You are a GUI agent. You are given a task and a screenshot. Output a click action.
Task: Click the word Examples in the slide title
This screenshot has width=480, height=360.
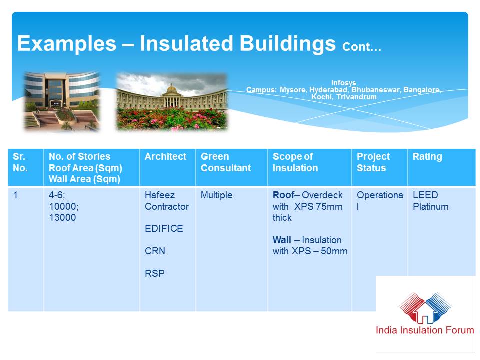click(x=67, y=44)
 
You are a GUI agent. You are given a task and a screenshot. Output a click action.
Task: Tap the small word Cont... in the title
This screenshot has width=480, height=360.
click(x=362, y=47)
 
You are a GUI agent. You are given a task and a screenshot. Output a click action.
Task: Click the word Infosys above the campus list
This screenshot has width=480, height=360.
click(x=343, y=83)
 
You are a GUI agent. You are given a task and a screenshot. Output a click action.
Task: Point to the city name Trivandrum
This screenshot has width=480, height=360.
click(x=356, y=97)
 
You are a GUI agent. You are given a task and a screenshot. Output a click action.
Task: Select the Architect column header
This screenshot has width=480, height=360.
click(x=165, y=156)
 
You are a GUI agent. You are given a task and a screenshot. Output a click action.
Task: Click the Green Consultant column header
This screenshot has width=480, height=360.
click(x=226, y=162)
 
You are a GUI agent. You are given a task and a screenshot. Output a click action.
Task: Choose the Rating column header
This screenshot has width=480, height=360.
click(x=427, y=156)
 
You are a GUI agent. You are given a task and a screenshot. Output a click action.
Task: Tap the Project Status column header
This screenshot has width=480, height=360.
click(x=373, y=162)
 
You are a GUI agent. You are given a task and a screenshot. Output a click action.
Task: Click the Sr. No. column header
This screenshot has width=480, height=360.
click(x=20, y=162)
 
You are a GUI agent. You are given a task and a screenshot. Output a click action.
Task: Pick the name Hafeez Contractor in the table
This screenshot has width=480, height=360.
click(x=167, y=201)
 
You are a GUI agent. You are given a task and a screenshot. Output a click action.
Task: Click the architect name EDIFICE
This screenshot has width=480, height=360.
click(x=164, y=228)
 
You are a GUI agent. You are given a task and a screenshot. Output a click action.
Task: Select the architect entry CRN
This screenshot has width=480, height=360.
click(x=155, y=251)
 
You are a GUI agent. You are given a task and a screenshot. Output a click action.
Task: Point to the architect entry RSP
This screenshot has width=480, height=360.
click(x=155, y=273)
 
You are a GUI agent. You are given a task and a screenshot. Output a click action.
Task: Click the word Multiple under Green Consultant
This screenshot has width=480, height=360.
click(x=216, y=195)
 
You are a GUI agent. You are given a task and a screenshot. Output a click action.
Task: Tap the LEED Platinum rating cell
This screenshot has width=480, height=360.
click(x=430, y=201)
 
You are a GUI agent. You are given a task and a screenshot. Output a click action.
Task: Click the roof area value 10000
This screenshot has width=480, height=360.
click(x=63, y=206)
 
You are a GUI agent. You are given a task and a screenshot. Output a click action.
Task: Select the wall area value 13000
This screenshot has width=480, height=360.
click(x=62, y=217)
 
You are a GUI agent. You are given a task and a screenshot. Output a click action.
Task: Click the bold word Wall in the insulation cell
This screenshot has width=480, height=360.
click(x=282, y=240)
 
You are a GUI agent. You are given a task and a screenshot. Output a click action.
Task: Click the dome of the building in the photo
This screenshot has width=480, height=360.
click(x=172, y=89)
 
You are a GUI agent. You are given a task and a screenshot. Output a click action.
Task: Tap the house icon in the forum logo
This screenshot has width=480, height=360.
click(x=425, y=311)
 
